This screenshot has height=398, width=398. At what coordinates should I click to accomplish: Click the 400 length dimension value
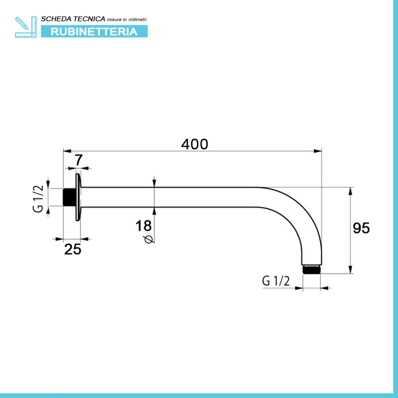(195, 144)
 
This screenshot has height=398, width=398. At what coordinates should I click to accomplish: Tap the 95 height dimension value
(361, 228)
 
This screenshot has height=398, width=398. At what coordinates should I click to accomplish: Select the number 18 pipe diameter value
(143, 226)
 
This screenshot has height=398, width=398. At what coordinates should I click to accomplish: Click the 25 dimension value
(73, 249)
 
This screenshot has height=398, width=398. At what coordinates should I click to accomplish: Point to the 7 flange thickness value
(79, 160)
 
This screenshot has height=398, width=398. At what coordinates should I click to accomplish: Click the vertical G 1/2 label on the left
(38, 199)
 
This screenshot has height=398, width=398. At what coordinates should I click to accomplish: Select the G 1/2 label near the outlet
(276, 281)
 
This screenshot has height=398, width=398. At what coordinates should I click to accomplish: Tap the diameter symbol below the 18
(148, 239)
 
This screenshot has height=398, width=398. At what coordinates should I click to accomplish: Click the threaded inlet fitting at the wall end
(69, 197)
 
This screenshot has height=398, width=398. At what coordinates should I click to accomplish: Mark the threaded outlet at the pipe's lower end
(311, 269)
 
